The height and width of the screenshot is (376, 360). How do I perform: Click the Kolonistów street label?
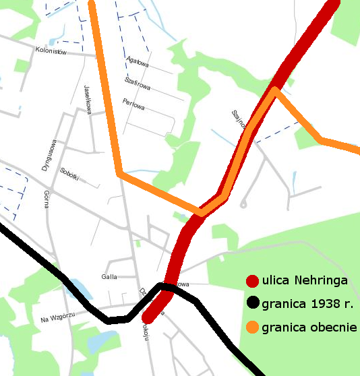[51, 52]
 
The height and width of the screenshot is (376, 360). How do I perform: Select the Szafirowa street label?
[138, 84]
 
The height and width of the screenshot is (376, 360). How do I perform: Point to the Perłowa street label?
[135, 102]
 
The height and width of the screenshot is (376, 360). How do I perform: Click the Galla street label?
[109, 276]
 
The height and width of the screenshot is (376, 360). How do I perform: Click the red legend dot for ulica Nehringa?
[253, 281]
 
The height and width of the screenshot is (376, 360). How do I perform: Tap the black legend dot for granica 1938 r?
[253, 303]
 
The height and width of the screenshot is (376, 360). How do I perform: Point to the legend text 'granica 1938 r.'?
[307, 303]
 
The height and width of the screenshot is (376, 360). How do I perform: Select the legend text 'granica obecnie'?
[309, 327]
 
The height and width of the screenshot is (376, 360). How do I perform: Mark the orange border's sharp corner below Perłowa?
[119, 175]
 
